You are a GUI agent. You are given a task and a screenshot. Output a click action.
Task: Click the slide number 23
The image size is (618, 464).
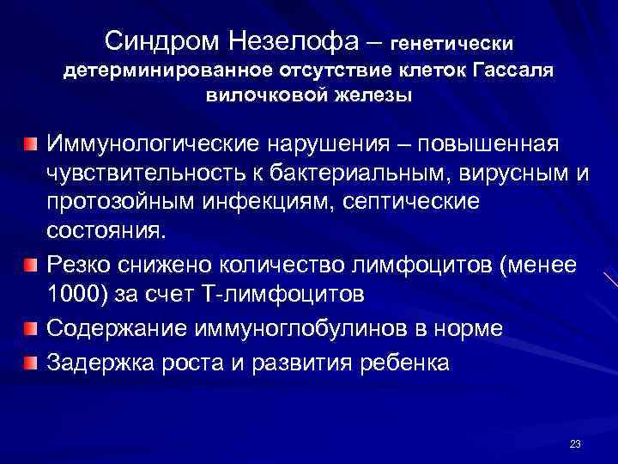[x=575, y=443]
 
